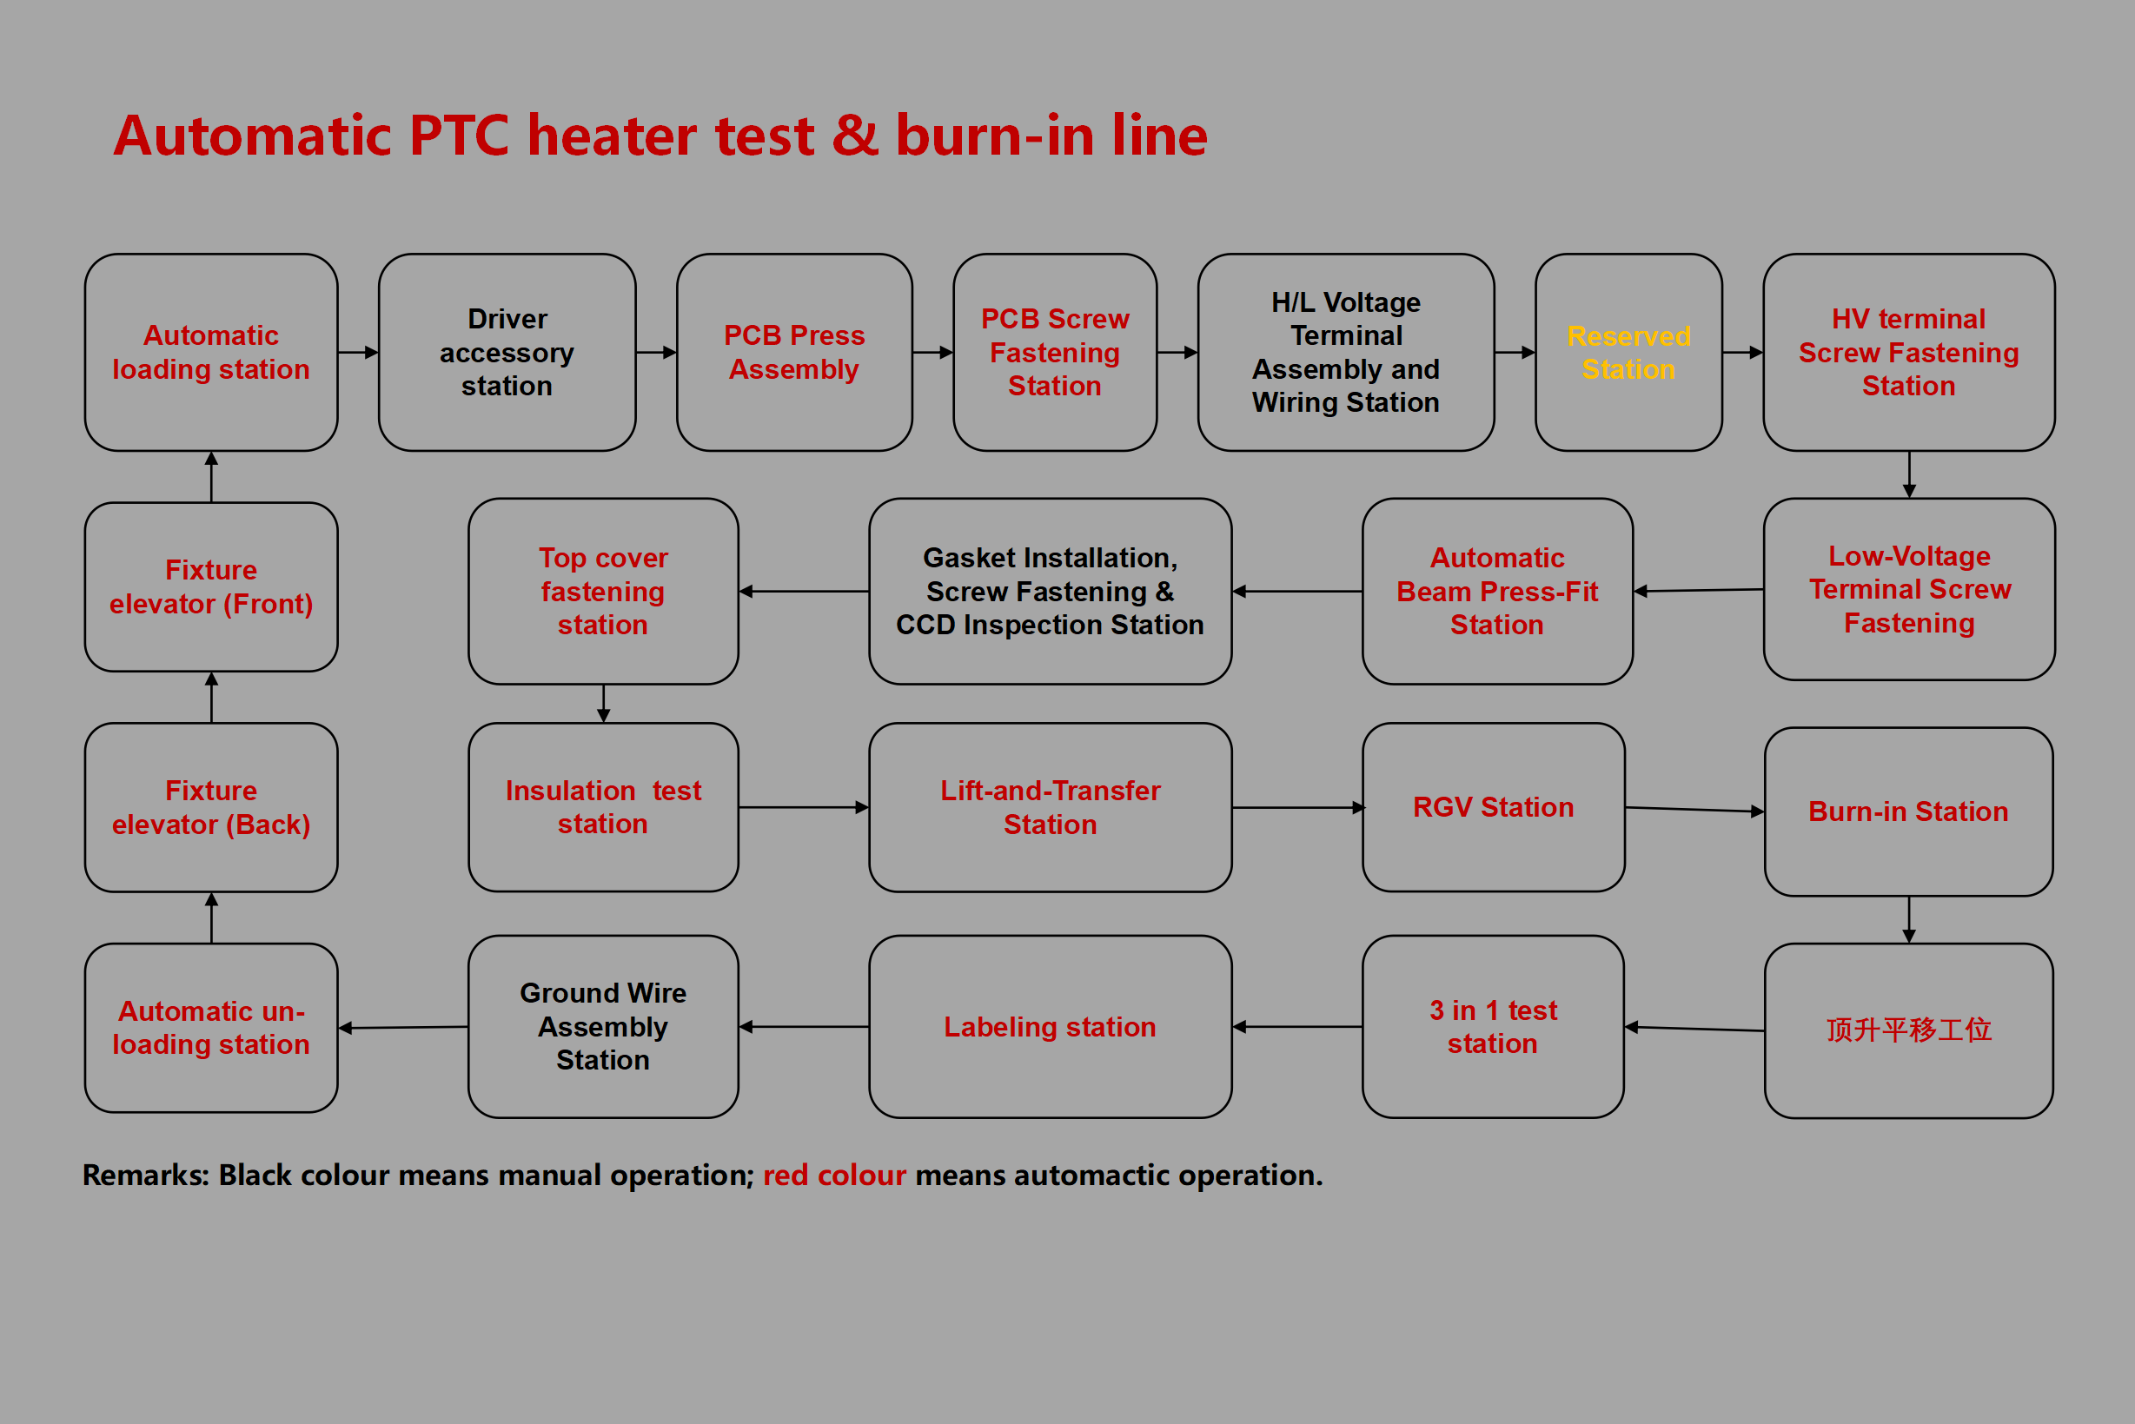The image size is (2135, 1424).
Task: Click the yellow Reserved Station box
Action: tap(1628, 353)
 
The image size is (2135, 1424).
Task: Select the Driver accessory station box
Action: tap(507, 353)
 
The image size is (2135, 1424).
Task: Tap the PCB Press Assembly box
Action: tap(793, 353)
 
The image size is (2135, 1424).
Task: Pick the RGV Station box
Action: tap(1493, 807)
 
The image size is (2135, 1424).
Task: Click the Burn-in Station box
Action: tap(1908, 811)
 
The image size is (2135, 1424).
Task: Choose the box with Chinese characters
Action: tap(1908, 1030)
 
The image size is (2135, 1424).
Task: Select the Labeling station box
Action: tap(1050, 1026)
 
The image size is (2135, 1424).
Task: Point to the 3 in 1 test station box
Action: tap(1493, 1026)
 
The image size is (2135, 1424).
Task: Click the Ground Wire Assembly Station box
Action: tap(603, 1026)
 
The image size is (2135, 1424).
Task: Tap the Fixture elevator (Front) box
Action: tap(210, 586)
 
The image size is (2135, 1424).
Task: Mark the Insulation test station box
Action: tap(603, 807)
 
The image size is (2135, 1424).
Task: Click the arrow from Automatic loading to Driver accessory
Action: tap(358, 353)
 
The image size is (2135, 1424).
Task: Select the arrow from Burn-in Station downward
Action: tap(1909, 919)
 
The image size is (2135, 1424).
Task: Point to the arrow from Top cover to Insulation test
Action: tap(603, 703)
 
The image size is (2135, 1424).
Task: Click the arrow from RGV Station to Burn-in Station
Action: tap(1694, 809)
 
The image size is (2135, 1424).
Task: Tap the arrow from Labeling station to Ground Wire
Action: tap(804, 1026)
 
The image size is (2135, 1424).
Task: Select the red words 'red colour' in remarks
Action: tap(833, 1176)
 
